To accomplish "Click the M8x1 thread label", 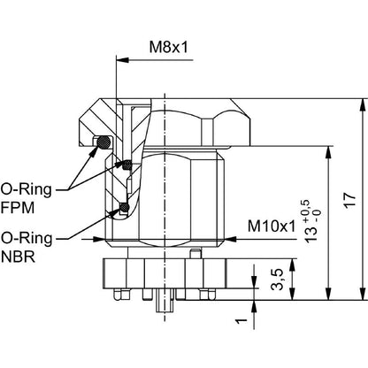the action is pyautogui.click(x=168, y=47).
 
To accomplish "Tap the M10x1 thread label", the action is pyautogui.click(x=272, y=226).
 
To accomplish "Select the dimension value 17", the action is pyautogui.click(x=350, y=201).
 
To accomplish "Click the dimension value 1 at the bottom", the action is pyautogui.click(x=241, y=320).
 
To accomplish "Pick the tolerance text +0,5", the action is pyautogui.click(x=306, y=211).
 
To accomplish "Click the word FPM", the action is pyautogui.click(x=18, y=208).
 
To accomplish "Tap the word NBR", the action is pyautogui.click(x=18, y=257).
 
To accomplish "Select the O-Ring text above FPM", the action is pyautogui.click(x=27, y=190).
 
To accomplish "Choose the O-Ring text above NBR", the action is pyautogui.click(x=27, y=239).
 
